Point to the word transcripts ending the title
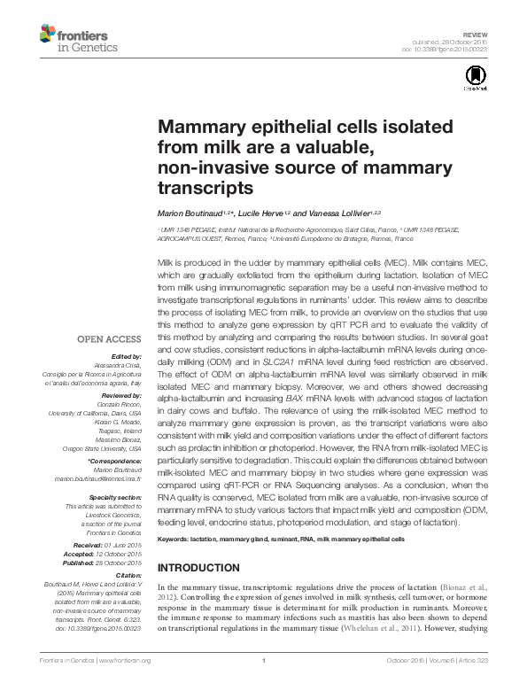pos(205,188)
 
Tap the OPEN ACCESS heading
pos(109,338)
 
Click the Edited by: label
pos(127,356)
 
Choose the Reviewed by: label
pos(122,396)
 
